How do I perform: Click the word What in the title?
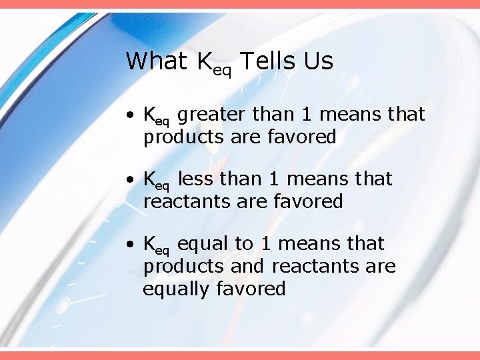coord(156,61)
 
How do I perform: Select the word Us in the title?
coord(318,61)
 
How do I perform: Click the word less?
coord(197,179)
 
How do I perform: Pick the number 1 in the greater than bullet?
coord(307,115)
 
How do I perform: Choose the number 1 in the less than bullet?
coord(274,179)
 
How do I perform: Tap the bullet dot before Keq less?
coord(134,180)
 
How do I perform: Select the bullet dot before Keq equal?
coord(134,245)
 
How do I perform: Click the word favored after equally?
coord(255,289)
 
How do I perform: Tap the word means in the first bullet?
coord(351,115)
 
